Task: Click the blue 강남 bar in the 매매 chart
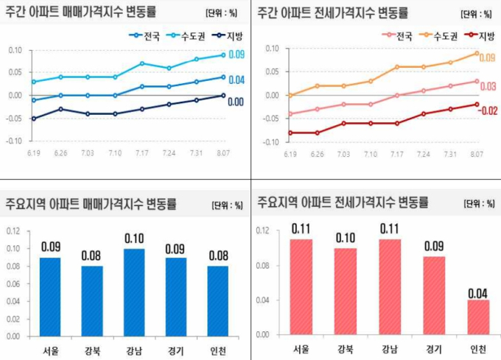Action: tap(133, 292)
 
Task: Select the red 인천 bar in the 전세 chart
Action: tap(478, 317)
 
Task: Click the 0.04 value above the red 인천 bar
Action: tap(478, 292)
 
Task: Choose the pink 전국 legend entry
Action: tap(397, 36)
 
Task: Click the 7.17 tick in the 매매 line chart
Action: tap(141, 154)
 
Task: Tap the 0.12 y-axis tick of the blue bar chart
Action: tap(13, 231)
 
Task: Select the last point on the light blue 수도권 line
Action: tap(223, 54)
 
